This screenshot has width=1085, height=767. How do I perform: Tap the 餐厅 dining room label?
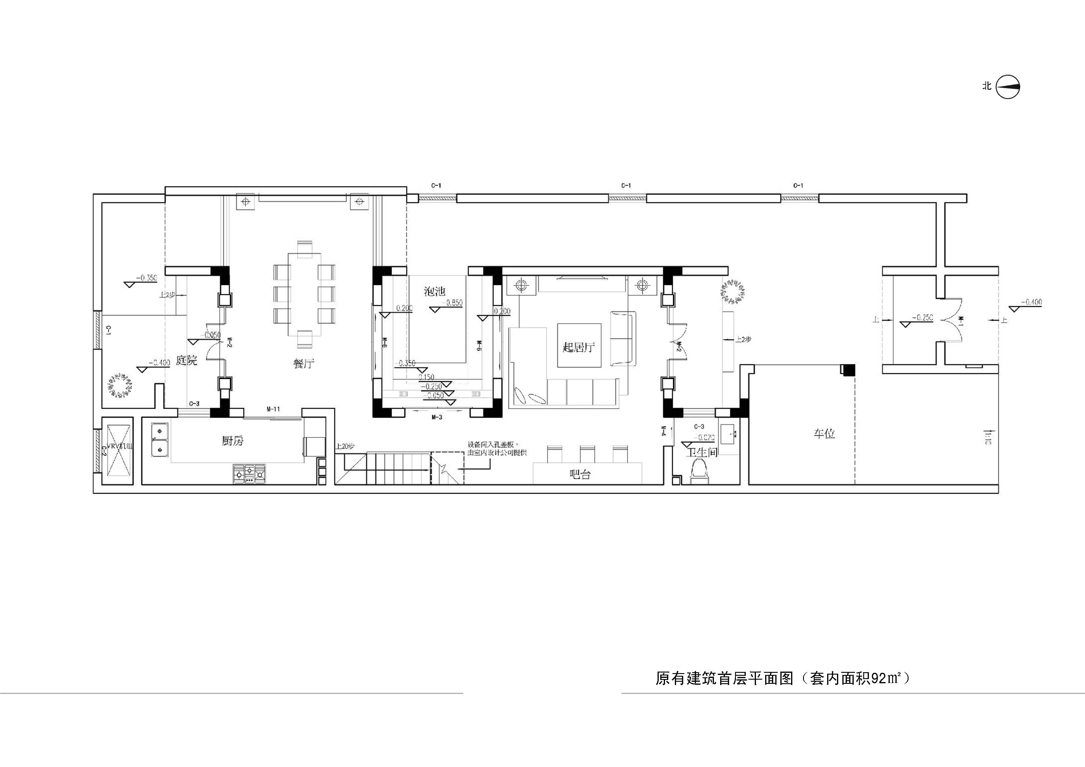(x=303, y=363)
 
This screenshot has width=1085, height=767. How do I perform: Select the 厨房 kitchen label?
(x=232, y=441)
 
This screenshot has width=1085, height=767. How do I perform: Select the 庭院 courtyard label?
(x=186, y=361)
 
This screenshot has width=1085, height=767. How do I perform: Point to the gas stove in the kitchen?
(x=249, y=474)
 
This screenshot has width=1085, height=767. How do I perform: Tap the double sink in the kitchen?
(x=160, y=439)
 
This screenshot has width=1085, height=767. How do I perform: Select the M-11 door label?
(x=273, y=409)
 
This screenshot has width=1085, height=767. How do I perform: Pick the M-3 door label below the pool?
(x=437, y=417)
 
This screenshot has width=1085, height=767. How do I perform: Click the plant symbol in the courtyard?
(x=120, y=385)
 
